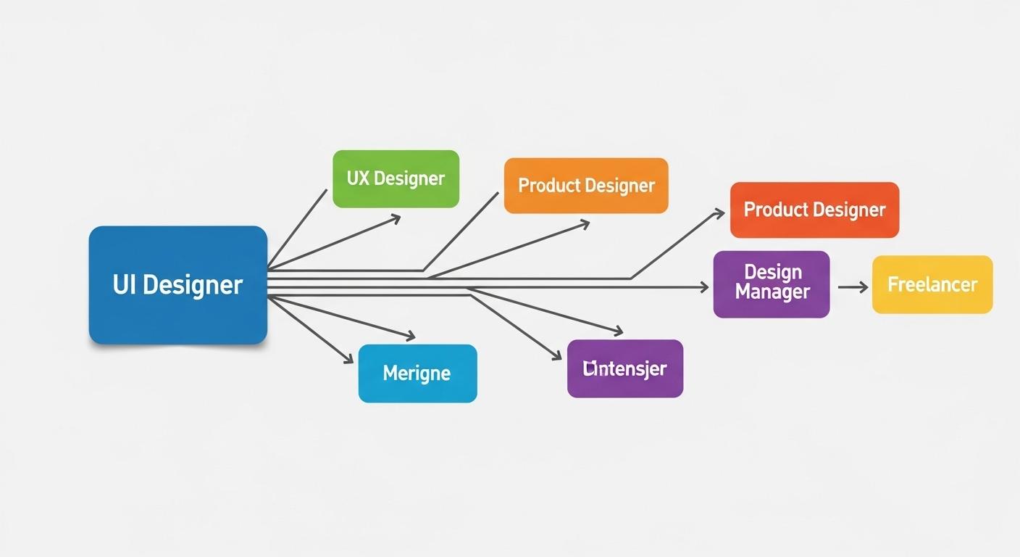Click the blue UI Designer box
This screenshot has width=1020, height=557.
point(177,284)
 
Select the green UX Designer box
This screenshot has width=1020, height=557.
point(396,178)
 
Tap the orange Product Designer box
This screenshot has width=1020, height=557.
point(585,186)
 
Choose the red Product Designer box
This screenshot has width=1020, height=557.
point(814,210)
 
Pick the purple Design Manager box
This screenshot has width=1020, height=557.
point(771,284)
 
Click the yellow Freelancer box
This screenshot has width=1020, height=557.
point(932,284)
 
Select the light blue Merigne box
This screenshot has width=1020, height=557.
point(417,374)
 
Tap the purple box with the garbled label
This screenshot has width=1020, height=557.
point(624,368)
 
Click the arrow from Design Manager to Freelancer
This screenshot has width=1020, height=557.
point(852,287)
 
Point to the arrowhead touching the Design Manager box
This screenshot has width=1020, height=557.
point(704,287)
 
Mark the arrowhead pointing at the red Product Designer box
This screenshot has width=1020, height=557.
point(719,213)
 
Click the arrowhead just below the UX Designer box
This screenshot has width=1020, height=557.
point(396,217)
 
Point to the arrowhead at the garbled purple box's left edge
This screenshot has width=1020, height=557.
point(557,356)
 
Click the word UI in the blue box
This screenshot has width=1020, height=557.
point(124,284)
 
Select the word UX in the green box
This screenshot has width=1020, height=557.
point(358,178)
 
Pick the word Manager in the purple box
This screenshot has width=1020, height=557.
point(772,293)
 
